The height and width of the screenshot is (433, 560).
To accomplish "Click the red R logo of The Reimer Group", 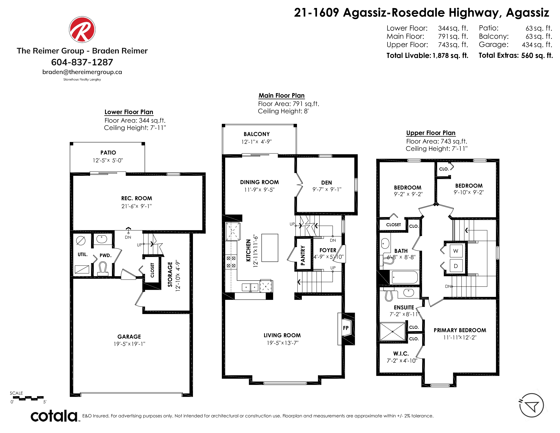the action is point(82,30).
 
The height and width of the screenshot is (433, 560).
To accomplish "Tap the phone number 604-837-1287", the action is point(82,62).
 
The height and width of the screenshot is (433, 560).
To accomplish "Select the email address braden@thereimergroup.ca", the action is point(82,72).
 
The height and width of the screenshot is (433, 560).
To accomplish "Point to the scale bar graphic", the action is point(28,398).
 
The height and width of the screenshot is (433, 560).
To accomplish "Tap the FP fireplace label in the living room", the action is point(346,328).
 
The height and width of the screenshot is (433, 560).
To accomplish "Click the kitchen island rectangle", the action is point(270,248).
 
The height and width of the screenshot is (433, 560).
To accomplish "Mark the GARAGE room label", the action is point(129,337).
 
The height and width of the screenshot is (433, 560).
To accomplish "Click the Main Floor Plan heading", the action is point(281,95).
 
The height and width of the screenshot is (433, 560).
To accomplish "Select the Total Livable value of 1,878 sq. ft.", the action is point(451,55).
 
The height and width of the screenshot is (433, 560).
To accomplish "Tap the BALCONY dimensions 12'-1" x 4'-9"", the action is point(256,142).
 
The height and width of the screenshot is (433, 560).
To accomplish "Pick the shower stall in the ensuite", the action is point(393,332).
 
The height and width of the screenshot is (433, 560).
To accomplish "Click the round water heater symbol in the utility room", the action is point(81,241).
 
